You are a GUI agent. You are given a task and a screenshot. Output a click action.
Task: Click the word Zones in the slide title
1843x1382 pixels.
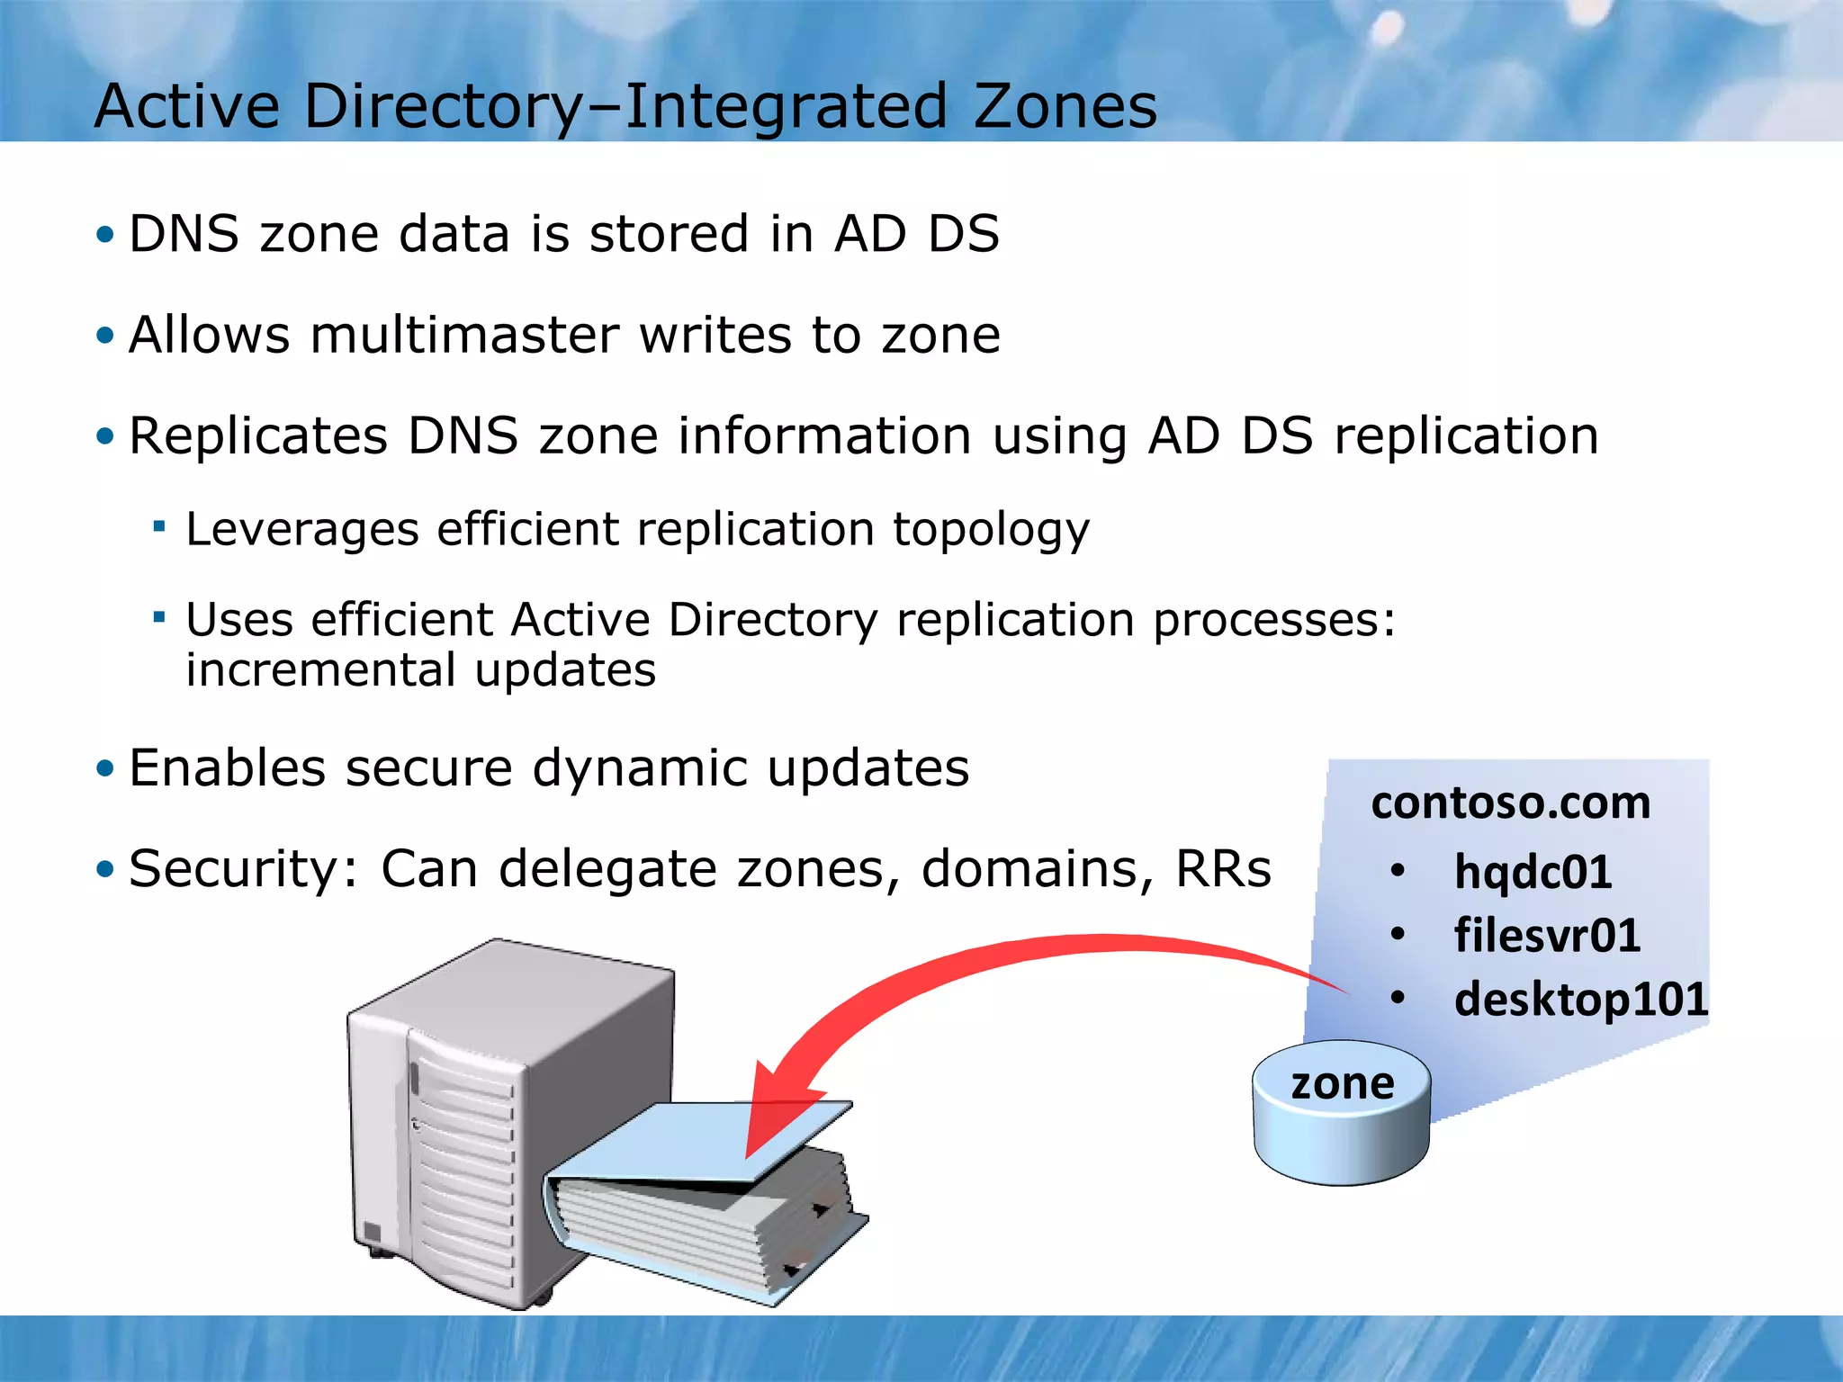click(x=1065, y=106)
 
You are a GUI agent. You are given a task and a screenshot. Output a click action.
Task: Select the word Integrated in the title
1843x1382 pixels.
click(x=785, y=106)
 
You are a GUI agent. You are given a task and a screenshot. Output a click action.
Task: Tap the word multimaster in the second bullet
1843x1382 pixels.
click(x=465, y=335)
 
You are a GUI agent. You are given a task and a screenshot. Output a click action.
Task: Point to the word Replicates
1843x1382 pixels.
click(x=258, y=435)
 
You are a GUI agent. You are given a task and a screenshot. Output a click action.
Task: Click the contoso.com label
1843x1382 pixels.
click(x=1511, y=803)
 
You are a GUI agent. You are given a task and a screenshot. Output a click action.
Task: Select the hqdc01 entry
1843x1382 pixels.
click(x=1533, y=872)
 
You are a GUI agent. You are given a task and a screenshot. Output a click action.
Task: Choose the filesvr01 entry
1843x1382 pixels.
click(x=1547, y=935)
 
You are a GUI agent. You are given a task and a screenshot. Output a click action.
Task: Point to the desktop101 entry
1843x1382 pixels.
click(x=1581, y=999)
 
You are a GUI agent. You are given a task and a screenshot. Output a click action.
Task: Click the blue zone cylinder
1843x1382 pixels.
click(x=1341, y=1116)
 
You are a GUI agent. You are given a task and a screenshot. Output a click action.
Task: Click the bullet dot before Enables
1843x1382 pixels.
click(x=106, y=769)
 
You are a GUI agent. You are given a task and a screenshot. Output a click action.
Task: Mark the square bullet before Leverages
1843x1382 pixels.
click(x=159, y=526)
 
